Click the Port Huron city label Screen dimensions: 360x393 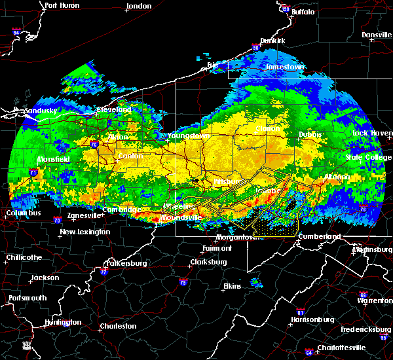[x=62, y=5]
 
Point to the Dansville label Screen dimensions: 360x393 [x=375, y=35]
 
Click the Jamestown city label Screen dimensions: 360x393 [x=285, y=67]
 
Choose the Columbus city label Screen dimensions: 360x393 [x=24, y=213]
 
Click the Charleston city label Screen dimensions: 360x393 [x=118, y=326]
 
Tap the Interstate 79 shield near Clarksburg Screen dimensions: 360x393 [x=183, y=283]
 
